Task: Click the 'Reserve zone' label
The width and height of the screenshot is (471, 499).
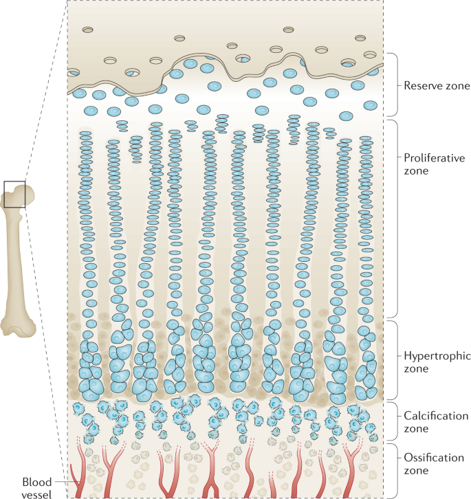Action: click(436, 86)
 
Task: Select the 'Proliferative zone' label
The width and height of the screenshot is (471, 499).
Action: click(434, 164)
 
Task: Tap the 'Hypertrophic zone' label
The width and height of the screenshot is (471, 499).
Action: click(435, 362)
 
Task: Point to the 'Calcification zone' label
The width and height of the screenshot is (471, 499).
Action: click(436, 422)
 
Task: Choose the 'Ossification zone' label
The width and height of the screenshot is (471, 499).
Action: click(435, 464)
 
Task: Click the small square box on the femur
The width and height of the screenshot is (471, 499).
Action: click(14, 194)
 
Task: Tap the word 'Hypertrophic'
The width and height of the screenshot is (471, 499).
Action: click(435, 356)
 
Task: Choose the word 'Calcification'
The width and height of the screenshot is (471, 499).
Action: click(436, 416)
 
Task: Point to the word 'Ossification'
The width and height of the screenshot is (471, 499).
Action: click(435, 458)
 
